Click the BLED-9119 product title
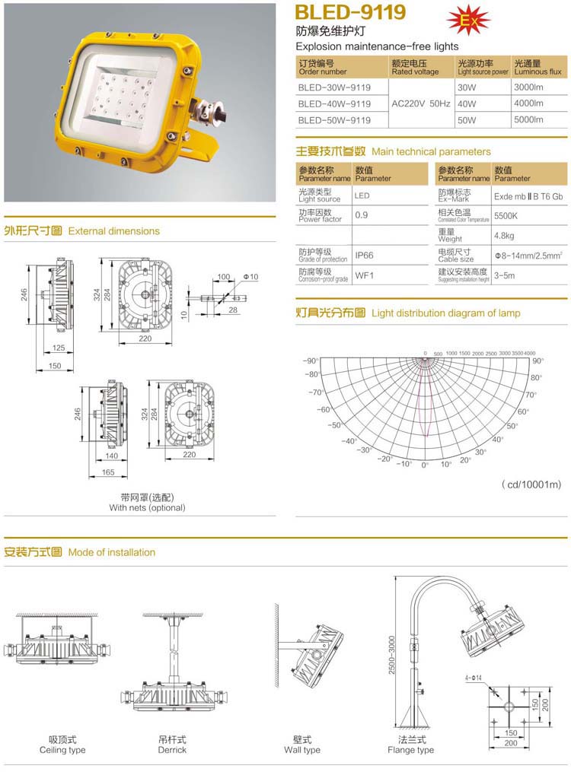[350, 13]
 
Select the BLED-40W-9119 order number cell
[334, 103]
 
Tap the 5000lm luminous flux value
[528, 119]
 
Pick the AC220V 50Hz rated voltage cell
[420, 103]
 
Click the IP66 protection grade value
[364, 256]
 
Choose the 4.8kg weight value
[504, 236]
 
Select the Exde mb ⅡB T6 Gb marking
[528, 195]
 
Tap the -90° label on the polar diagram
[311, 361]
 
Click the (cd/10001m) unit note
[531, 484]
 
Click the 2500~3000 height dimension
[391, 653]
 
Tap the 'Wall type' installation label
[302, 750]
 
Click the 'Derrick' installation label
[172, 750]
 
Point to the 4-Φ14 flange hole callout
[475, 677]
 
